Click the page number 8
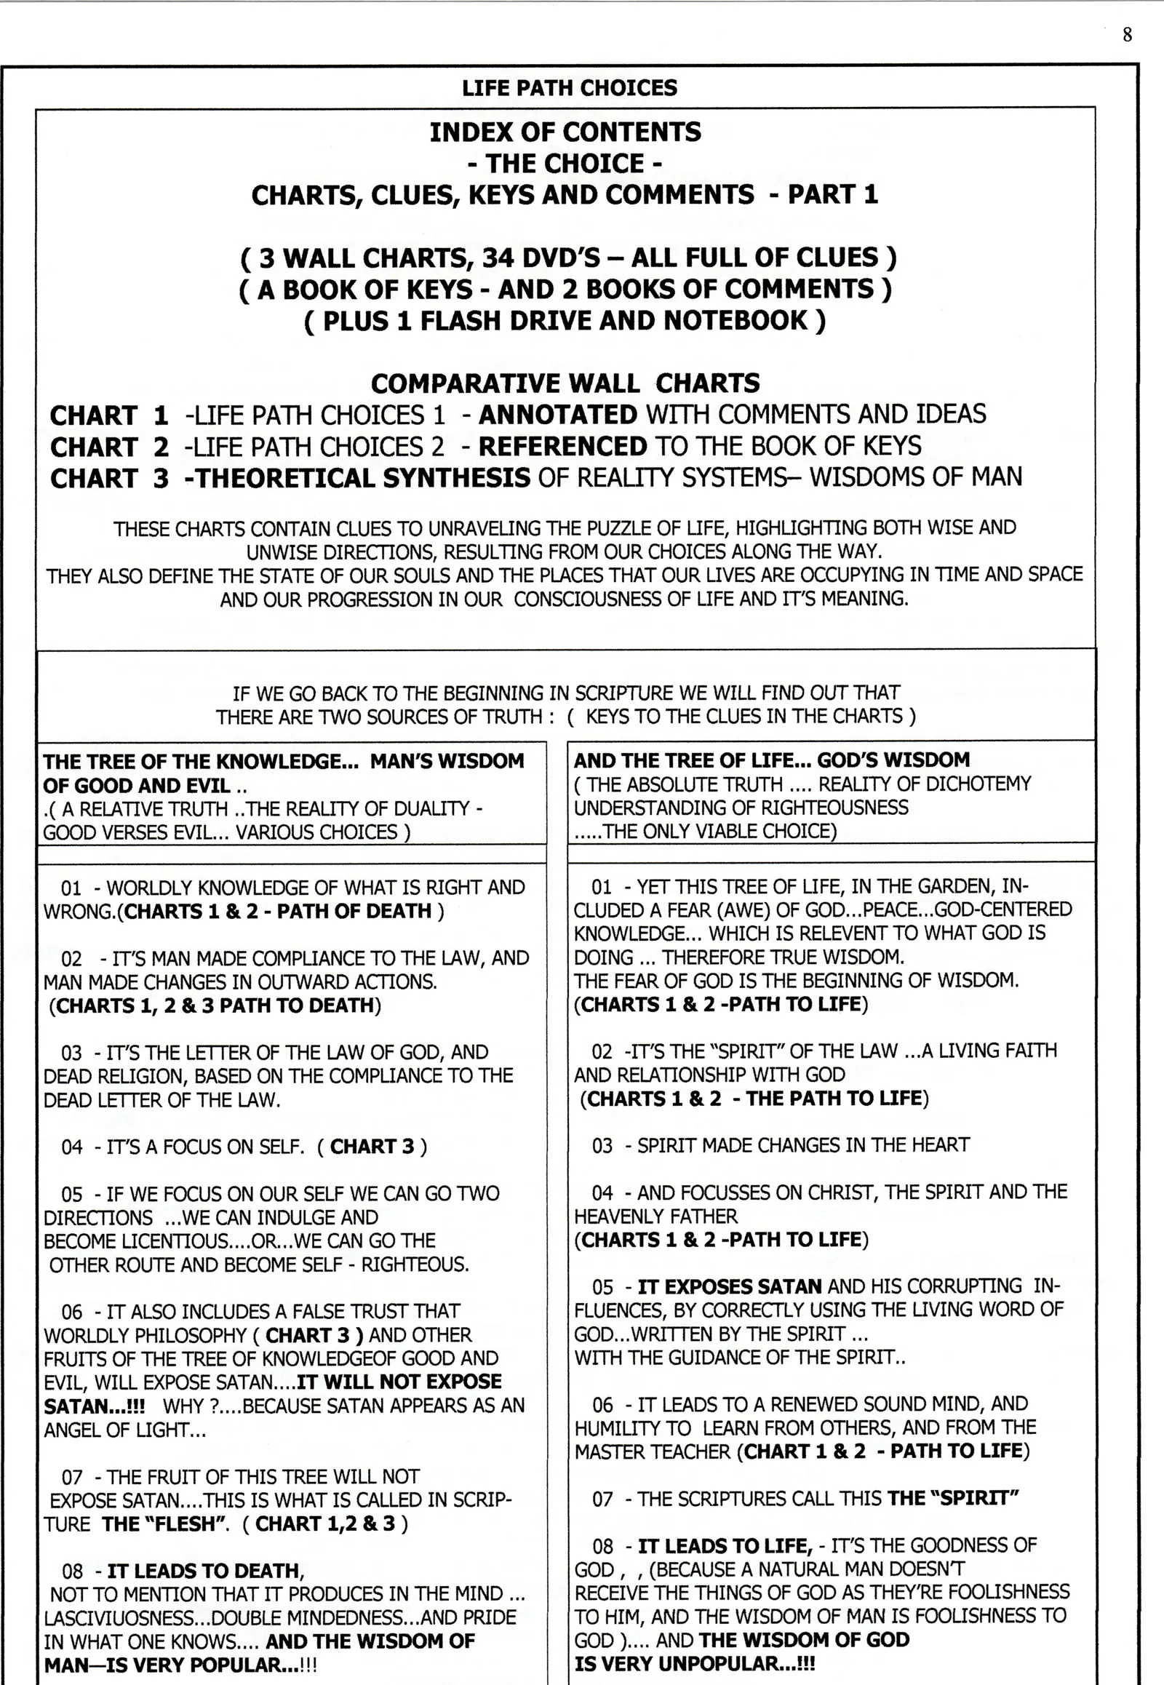click(x=1127, y=35)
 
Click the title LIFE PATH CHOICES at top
click(x=569, y=88)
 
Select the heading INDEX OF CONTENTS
click(x=565, y=132)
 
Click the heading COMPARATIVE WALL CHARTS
click(x=565, y=383)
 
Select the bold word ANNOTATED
click(x=558, y=414)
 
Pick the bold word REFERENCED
click(x=562, y=446)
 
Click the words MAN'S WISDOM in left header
click(x=447, y=761)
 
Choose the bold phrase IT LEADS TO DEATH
click(x=206, y=1571)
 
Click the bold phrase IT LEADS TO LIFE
click(x=725, y=1546)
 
